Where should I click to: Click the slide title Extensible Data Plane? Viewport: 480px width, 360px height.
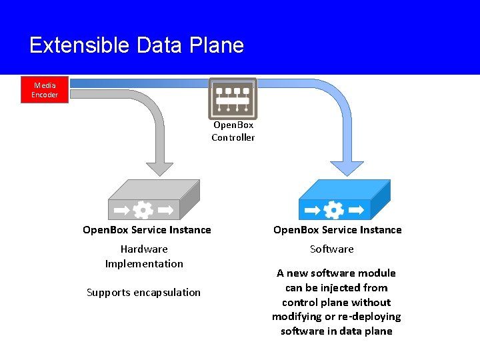(x=137, y=45)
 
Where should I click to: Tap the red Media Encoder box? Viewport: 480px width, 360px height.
(x=45, y=90)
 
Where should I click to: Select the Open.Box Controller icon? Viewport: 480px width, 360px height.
(x=233, y=98)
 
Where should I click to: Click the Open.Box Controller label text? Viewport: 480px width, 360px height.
(x=233, y=131)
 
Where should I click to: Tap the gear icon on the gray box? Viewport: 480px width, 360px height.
(x=143, y=210)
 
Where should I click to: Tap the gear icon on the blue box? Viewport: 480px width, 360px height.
(x=333, y=210)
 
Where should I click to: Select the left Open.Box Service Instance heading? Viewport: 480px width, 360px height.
(x=147, y=230)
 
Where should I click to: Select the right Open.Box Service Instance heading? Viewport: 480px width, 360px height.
(x=337, y=230)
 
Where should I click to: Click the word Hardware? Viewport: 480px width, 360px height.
(x=144, y=249)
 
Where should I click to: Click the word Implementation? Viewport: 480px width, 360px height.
(x=144, y=264)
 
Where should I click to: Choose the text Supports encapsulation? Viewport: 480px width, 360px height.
(x=143, y=293)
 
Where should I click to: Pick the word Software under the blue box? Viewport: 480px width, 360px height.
(x=332, y=249)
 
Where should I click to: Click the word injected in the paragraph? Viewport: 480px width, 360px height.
(x=330, y=288)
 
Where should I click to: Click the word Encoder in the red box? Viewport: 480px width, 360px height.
(x=45, y=95)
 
